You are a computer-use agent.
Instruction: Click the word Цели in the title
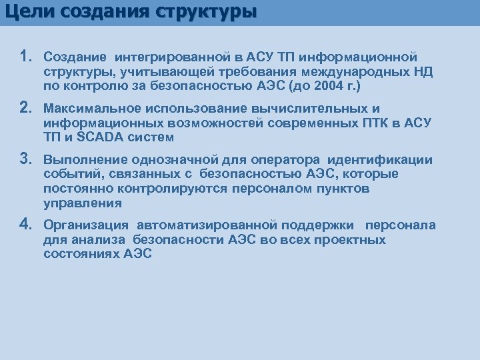(27, 13)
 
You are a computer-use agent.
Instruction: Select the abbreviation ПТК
(383, 123)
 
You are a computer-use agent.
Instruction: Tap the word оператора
(271, 159)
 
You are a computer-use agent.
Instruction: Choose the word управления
(83, 203)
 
